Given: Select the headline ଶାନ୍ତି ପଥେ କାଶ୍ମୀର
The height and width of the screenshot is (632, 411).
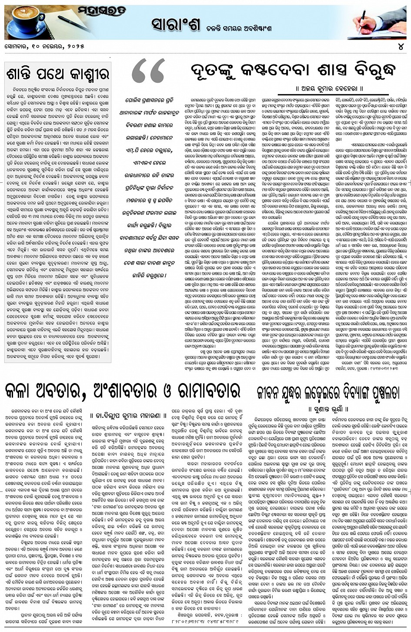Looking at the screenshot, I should (57, 74).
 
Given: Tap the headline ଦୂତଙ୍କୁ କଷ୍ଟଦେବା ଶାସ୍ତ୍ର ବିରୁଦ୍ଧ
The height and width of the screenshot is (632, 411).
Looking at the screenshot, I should (293, 71).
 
